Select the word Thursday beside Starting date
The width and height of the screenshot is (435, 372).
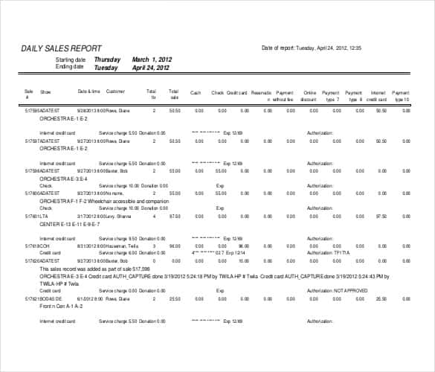tap(107, 60)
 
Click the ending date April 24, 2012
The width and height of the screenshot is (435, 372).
tap(151, 67)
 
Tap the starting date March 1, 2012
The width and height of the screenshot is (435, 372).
tap(152, 60)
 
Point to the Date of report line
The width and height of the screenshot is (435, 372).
tap(311, 48)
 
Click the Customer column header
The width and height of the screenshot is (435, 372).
tap(115, 92)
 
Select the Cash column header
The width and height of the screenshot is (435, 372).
tap(196, 93)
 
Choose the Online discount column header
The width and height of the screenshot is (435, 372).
tap(309, 95)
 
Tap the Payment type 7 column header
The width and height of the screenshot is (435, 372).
tap(332, 95)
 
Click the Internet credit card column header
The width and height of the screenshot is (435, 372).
tap(378, 95)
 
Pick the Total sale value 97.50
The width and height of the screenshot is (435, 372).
tap(174, 217)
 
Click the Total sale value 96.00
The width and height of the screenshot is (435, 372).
tap(174, 246)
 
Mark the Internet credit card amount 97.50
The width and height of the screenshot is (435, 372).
tap(381, 217)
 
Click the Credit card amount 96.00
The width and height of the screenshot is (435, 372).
tap(243, 246)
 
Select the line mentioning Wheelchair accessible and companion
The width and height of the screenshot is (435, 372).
tap(104, 201)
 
